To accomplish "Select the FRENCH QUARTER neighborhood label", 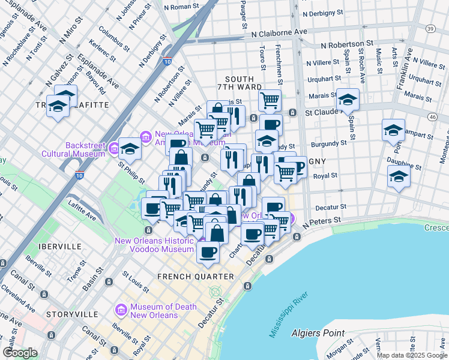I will click(195, 277).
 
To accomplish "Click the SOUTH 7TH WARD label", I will click(244, 83).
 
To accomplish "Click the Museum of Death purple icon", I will click(121, 310).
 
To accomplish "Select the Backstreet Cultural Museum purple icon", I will click(113, 146).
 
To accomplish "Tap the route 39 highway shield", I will click(430, 29).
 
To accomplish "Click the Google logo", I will click(20, 353).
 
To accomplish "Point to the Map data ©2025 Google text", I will click(411, 355).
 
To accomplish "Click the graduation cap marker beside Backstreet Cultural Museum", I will click(129, 148).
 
